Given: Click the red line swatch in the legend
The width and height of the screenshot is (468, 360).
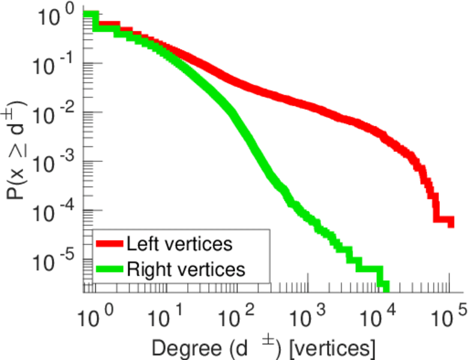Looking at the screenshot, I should click(x=109, y=244).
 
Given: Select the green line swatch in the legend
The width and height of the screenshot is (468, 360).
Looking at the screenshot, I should click(x=109, y=269).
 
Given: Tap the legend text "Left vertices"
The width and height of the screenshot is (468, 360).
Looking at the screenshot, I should click(x=179, y=244).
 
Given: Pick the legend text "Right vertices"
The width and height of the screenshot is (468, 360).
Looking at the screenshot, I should click(x=185, y=269).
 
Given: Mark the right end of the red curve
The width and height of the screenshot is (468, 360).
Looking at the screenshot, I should click(x=451, y=222).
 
